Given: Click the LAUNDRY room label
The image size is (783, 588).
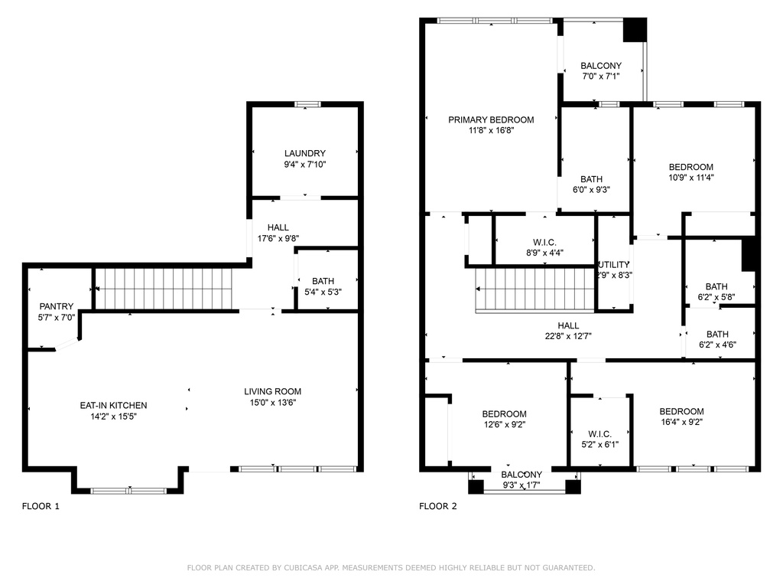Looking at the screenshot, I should coord(304,153).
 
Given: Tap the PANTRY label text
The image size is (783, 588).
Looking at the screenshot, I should coord(57,306).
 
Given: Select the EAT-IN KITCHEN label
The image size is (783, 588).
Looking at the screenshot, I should coord(113,405).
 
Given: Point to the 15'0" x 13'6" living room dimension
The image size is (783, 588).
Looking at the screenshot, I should coord(272,403).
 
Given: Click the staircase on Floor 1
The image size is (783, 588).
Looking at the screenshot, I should coord(164,288).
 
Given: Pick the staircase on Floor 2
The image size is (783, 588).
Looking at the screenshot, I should coord(535,289).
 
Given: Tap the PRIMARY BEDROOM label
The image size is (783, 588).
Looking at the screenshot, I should coord(491,119).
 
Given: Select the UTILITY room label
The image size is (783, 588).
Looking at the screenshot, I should coord(614,264).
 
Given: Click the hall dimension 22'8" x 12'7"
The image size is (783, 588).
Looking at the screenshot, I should coord(567,335).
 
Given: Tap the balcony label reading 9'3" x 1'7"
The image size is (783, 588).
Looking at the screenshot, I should coord(521,485).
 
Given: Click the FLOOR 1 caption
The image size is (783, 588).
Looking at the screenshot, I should coord(41,506).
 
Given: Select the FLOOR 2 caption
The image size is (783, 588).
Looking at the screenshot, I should coord(438,506).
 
